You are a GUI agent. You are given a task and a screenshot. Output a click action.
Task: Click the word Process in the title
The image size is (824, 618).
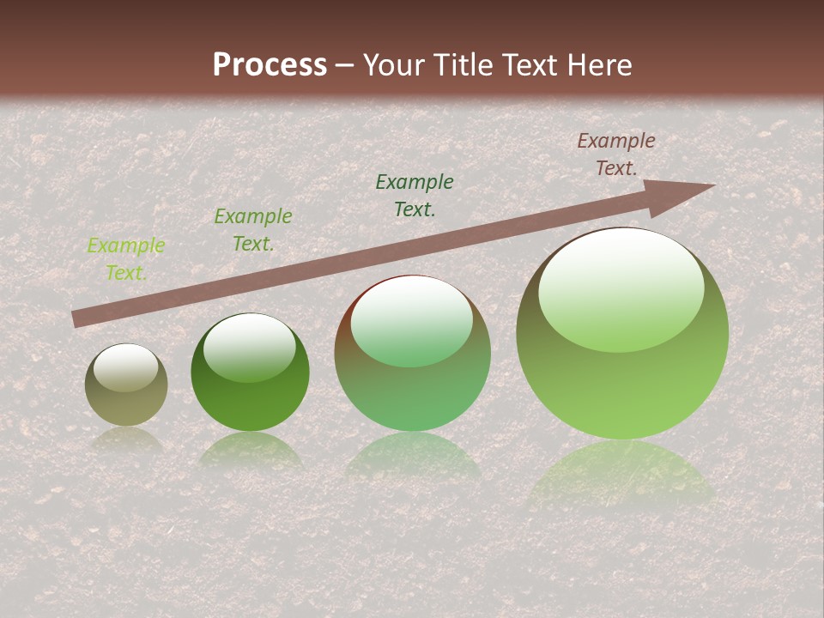pyautogui.click(x=270, y=64)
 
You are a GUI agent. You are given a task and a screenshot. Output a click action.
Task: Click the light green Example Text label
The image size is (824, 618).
pyautogui.click(x=126, y=259)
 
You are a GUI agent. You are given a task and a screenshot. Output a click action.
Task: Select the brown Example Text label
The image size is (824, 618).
pyautogui.click(x=615, y=154)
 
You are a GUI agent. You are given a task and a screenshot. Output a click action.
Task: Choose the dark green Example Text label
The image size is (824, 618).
pyautogui.click(x=415, y=195)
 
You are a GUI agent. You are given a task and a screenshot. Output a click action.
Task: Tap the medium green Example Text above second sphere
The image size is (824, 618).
pyautogui.click(x=252, y=230)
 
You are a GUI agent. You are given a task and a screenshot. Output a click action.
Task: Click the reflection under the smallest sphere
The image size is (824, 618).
pyautogui.click(x=126, y=439)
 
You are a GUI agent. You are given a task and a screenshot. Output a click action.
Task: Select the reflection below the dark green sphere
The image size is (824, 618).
pyautogui.click(x=250, y=450)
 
